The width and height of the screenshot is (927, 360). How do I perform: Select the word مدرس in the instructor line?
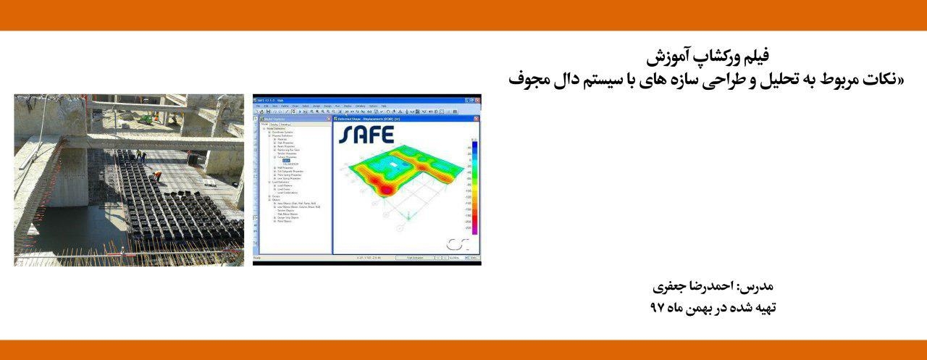click(760, 286)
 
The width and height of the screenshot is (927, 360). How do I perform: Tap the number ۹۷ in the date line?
click(657, 308)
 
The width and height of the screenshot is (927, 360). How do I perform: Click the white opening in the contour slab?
click(393, 165)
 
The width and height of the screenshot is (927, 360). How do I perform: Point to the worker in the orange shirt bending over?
click(156, 175)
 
